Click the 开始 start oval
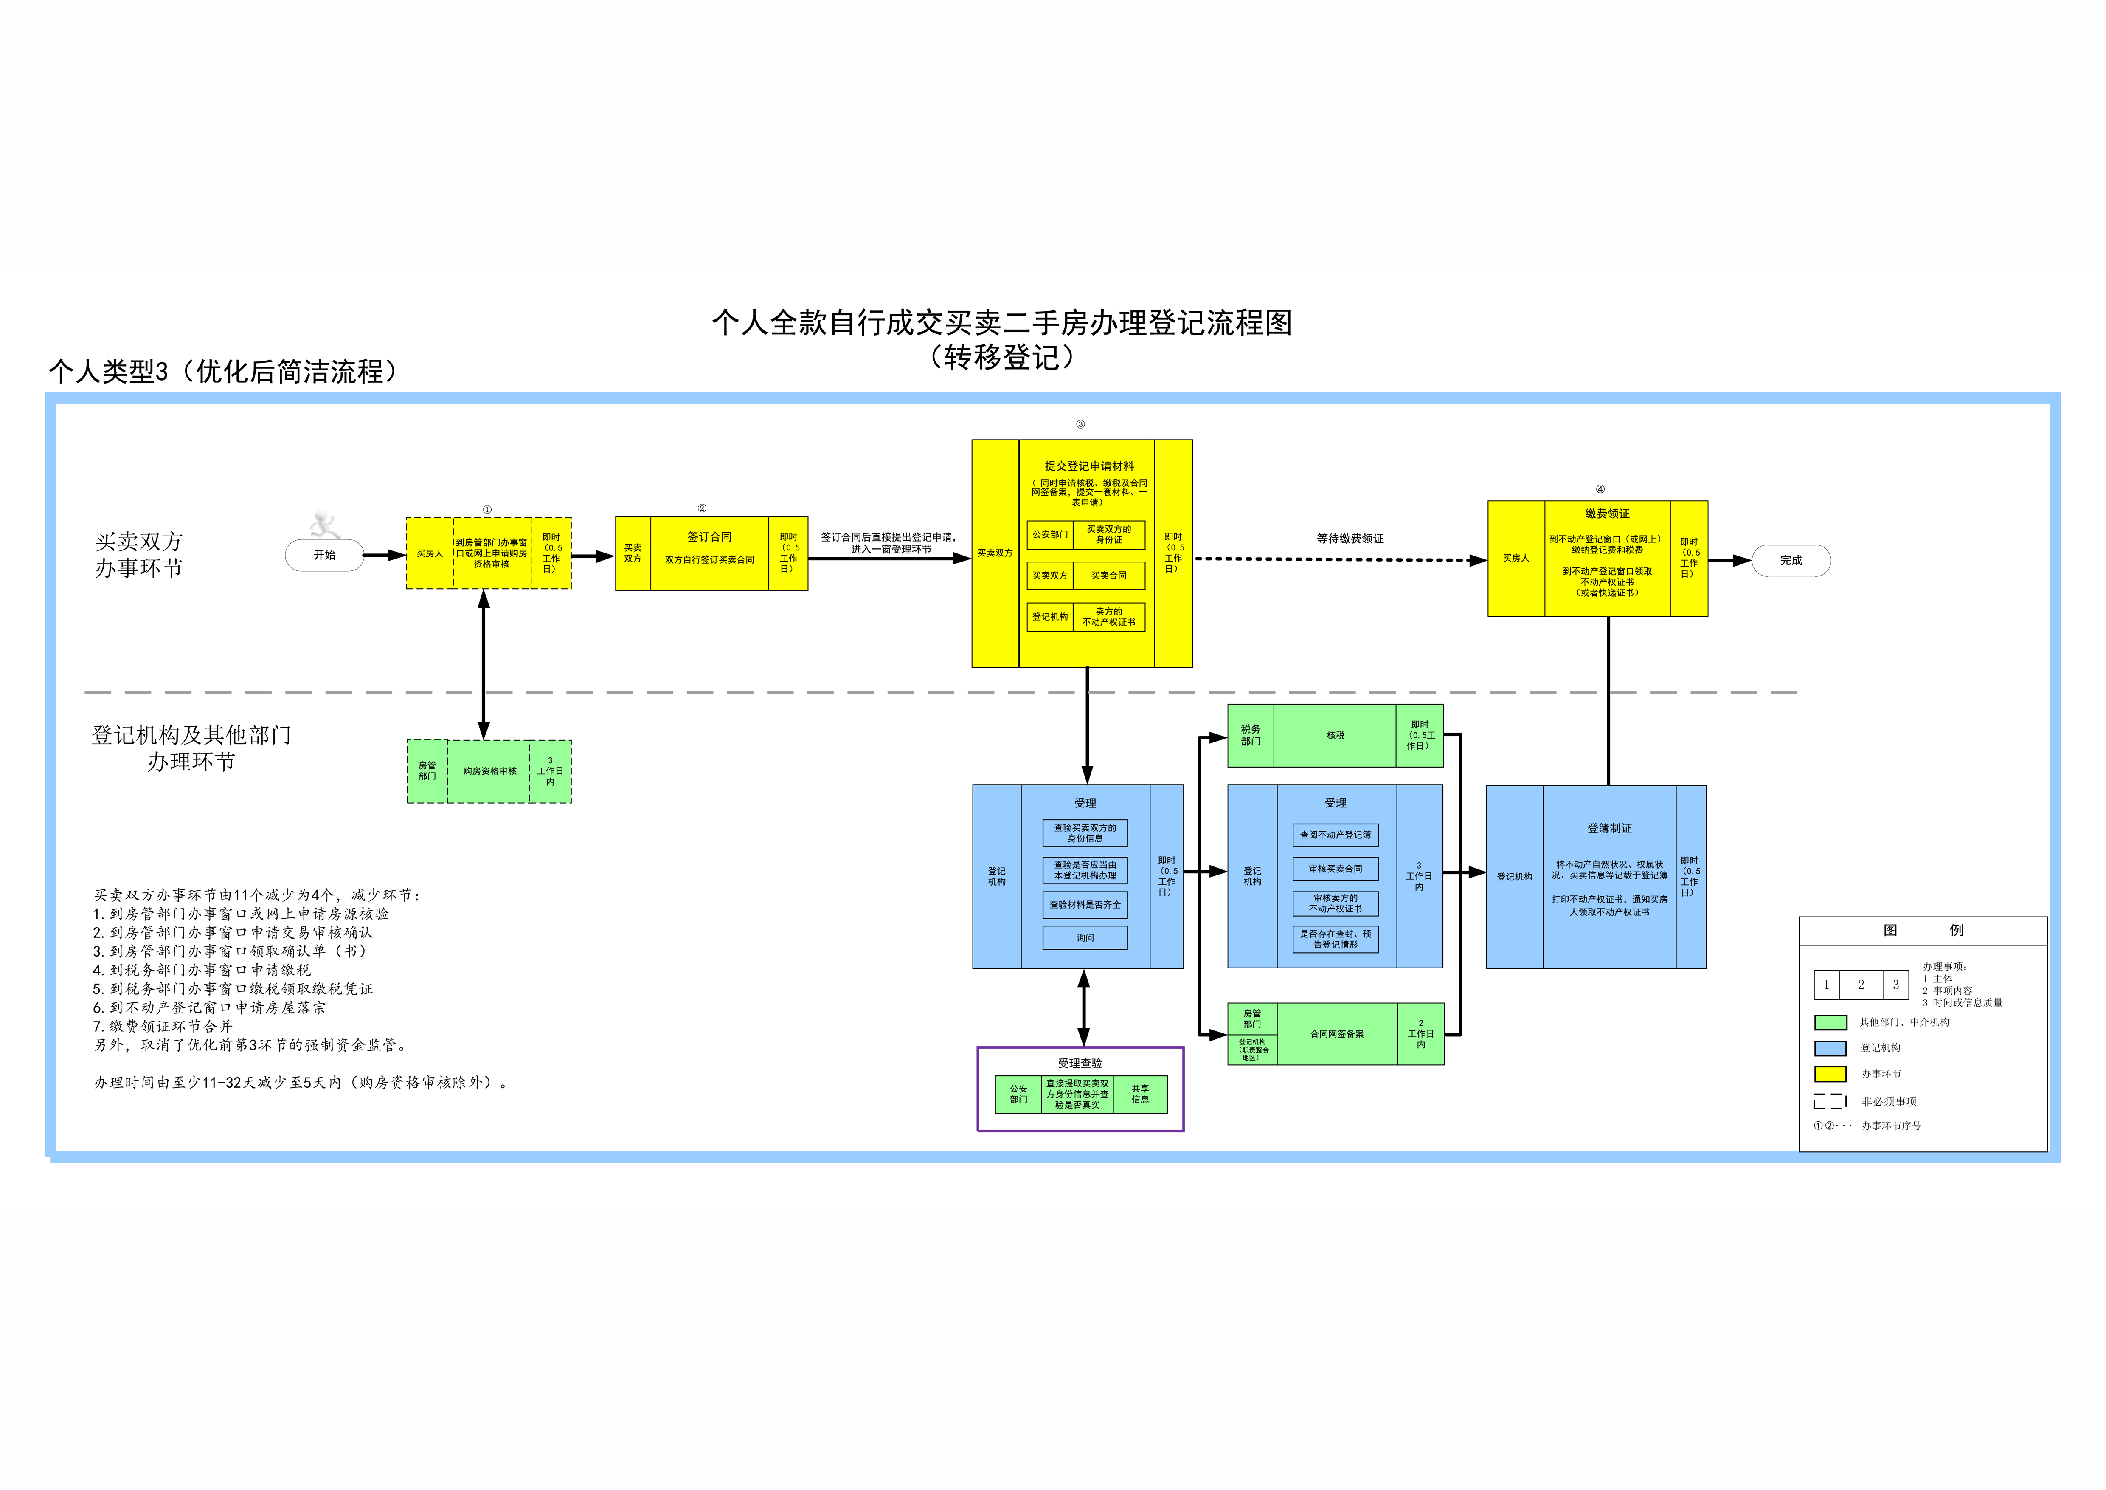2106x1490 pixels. tap(325, 555)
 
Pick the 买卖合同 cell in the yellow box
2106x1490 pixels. tap(1109, 575)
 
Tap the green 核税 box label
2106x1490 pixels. tap(1336, 735)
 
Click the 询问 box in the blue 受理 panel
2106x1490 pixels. tap(1085, 938)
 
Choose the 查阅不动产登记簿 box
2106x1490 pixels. tap(1336, 835)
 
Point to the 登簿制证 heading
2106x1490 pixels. tap(1610, 829)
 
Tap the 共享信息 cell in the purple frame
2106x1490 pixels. tap(1140, 1095)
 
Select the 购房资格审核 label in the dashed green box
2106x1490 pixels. tap(490, 772)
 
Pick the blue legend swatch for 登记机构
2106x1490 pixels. tap(1830, 1048)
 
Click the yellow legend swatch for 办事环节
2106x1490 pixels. tap(1830, 1073)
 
